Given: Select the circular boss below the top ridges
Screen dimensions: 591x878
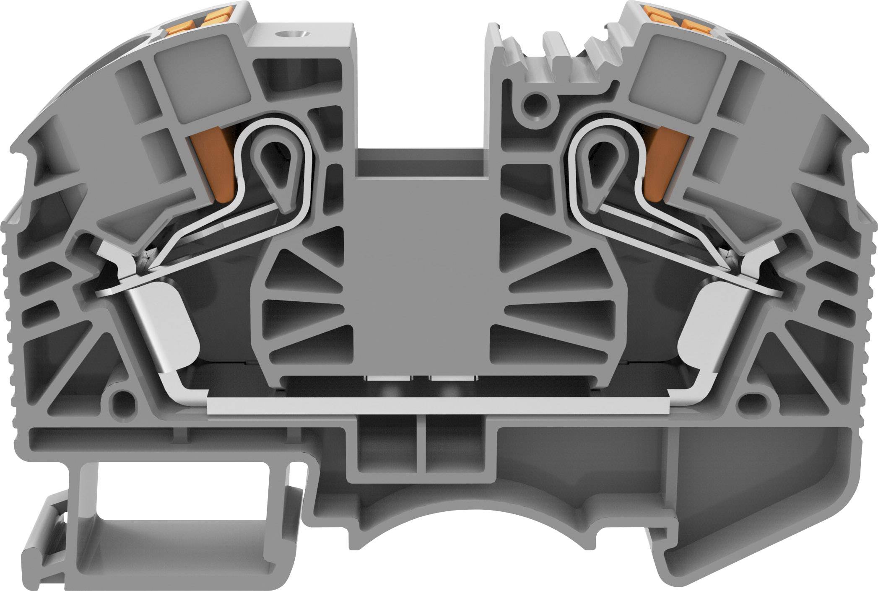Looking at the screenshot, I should [535, 102].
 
